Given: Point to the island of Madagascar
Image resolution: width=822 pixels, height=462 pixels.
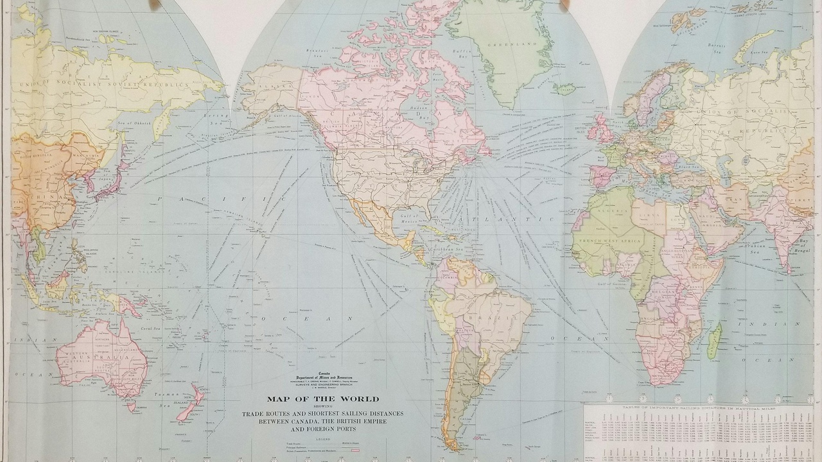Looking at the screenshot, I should pyautogui.click(x=714, y=340).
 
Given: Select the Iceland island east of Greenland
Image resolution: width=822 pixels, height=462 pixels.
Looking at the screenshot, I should pyautogui.click(x=564, y=88).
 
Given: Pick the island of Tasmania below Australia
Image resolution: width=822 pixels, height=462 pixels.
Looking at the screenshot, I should pyautogui.click(x=132, y=406).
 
